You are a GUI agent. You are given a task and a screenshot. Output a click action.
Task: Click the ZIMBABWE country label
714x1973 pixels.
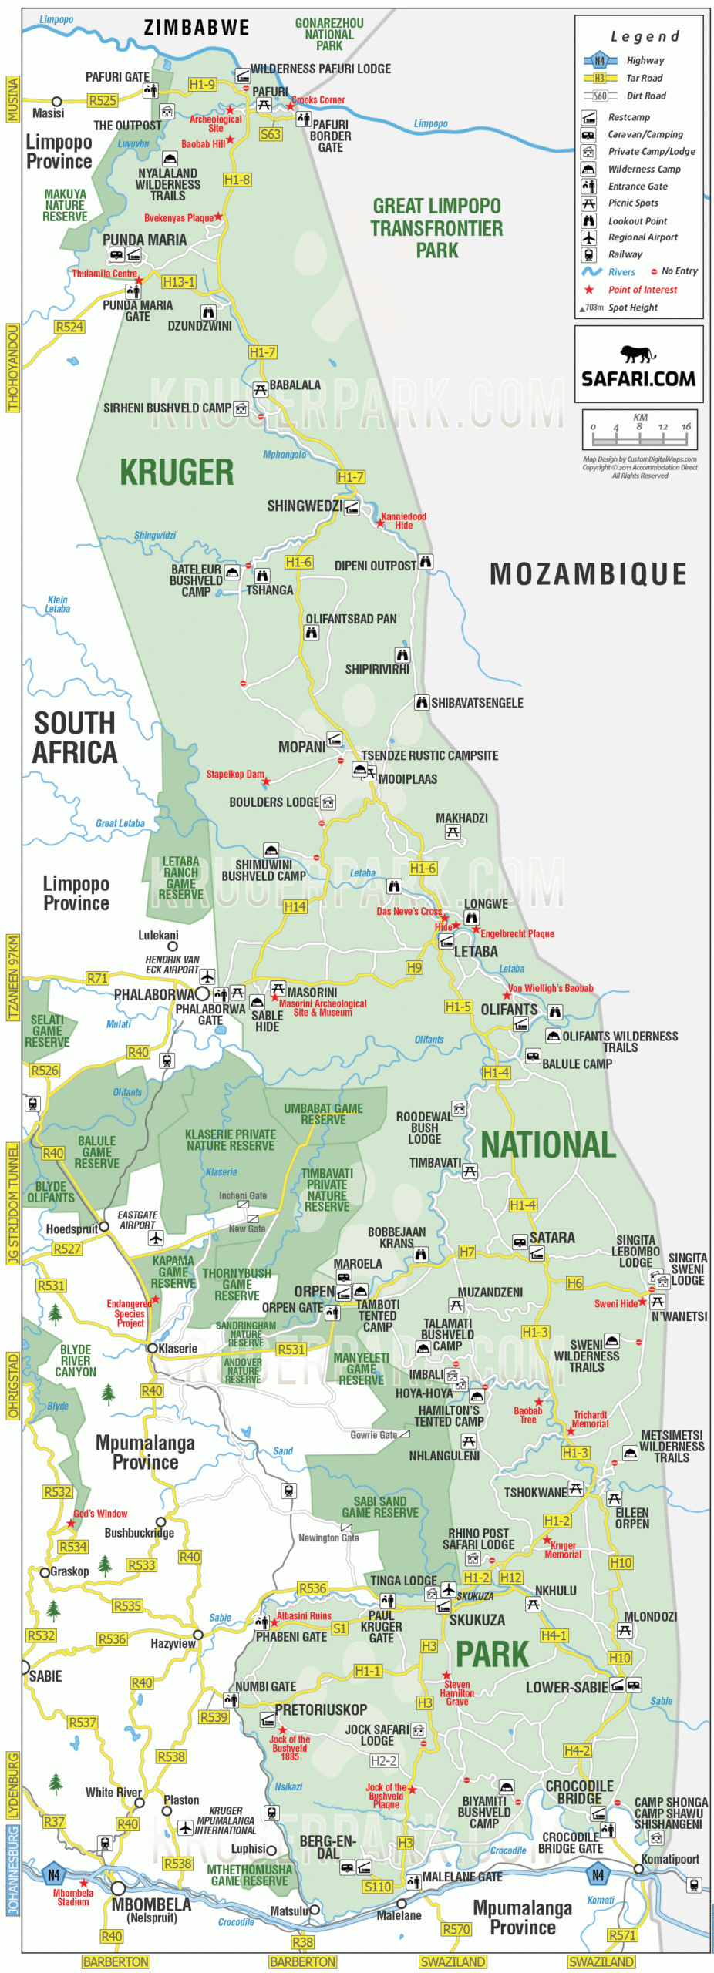tap(197, 28)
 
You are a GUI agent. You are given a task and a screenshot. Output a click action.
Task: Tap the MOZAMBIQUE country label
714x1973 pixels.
tap(588, 574)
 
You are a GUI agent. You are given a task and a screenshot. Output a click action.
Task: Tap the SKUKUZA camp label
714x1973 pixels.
tap(477, 1620)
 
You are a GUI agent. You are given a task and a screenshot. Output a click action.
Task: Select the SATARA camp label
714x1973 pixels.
tap(551, 1238)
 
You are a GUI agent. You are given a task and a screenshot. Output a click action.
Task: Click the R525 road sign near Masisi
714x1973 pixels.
tap(103, 100)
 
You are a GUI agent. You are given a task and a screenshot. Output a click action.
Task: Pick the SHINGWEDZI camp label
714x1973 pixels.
tap(304, 506)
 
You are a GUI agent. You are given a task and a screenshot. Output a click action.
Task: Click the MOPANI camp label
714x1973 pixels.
tap(301, 747)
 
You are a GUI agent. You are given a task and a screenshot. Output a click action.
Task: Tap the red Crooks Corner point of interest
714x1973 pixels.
tap(318, 99)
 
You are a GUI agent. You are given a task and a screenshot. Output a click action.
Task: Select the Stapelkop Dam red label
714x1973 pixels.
tap(234, 774)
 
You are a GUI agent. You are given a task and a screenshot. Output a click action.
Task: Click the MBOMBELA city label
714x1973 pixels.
tap(151, 1904)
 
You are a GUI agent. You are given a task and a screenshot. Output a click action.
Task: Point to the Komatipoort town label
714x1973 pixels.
tap(669, 1859)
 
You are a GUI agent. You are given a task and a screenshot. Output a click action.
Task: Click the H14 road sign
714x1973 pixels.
tap(295, 907)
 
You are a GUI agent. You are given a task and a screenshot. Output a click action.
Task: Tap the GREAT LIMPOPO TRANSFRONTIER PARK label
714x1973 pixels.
tap(436, 227)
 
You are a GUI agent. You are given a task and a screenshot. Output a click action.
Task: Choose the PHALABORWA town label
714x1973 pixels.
tap(154, 995)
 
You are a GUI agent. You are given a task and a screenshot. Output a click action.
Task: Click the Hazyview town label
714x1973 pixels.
tap(173, 1643)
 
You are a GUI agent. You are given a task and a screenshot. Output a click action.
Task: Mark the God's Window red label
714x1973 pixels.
tap(100, 1514)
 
